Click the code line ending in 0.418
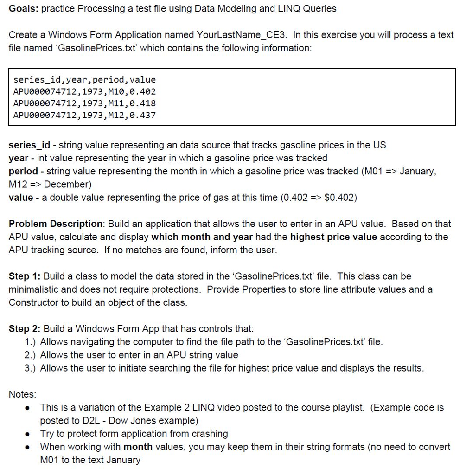(84, 103)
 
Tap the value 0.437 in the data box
(143, 115)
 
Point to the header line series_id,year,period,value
(84, 79)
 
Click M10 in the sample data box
(118, 91)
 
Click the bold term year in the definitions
(18, 158)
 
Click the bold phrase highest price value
(333, 237)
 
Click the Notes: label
(22, 394)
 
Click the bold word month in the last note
(138, 447)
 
